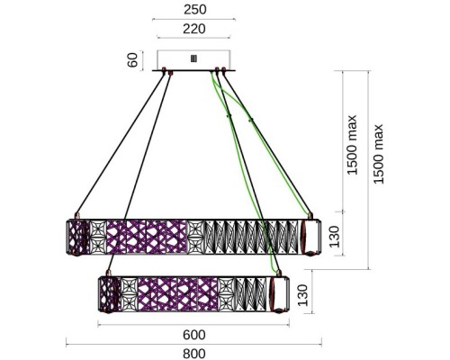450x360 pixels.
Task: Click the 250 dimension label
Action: [194, 10]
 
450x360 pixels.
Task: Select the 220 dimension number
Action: [194, 29]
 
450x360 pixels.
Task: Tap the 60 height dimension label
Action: [132, 60]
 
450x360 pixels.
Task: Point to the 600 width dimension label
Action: [194, 335]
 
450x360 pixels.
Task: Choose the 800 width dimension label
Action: [194, 354]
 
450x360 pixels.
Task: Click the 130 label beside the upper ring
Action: [335, 237]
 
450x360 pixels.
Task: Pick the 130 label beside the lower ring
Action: [302, 295]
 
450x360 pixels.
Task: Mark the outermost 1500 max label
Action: [378, 154]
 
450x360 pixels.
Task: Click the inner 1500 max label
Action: [352, 145]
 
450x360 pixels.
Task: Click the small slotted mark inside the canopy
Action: [193, 58]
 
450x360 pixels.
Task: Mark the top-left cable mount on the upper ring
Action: [77, 216]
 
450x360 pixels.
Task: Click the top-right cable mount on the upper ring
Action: [310, 216]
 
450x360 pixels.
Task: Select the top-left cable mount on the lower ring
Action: [109, 273]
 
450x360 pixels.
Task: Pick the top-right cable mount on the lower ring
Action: [279, 273]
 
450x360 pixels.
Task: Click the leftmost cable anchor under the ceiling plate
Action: [164, 70]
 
